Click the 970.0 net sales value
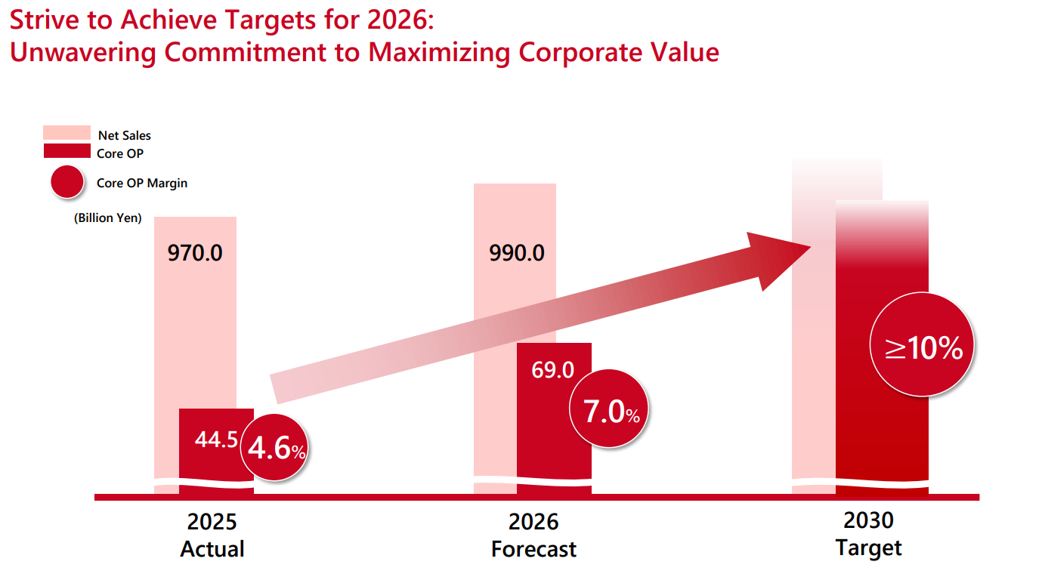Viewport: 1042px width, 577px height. click(195, 252)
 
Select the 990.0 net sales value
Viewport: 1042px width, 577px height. click(517, 252)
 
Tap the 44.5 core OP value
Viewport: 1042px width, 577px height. click(216, 440)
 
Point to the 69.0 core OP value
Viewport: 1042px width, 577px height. click(553, 370)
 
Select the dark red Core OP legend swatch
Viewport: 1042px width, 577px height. click(66, 151)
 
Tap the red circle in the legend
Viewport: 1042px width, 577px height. click(66, 182)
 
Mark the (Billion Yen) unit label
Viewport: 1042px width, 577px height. click(107, 218)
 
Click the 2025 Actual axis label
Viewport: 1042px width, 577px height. click(212, 535)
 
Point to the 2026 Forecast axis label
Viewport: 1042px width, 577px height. click(533, 535)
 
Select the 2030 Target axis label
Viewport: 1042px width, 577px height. click(869, 533)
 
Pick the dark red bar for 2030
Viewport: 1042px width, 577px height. click(882, 423)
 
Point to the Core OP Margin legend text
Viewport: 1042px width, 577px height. click(142, 183)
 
